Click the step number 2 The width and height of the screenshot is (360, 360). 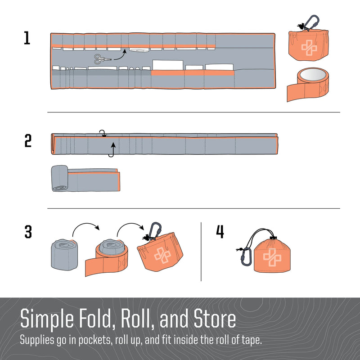28,141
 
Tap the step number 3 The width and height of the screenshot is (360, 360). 28,232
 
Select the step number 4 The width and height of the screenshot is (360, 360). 220,232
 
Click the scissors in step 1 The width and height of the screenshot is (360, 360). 101,58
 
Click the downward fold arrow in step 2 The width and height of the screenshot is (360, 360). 103,133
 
